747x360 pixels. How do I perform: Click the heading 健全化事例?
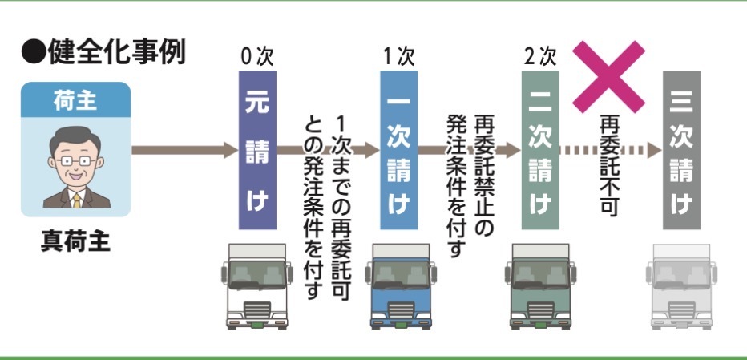coord(105,52)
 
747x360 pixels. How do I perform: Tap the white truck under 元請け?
coord(257,285)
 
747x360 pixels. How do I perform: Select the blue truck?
coord(398,285)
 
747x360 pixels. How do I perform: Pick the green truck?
coord(539,285)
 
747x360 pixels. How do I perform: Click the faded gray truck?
coord(681,285)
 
